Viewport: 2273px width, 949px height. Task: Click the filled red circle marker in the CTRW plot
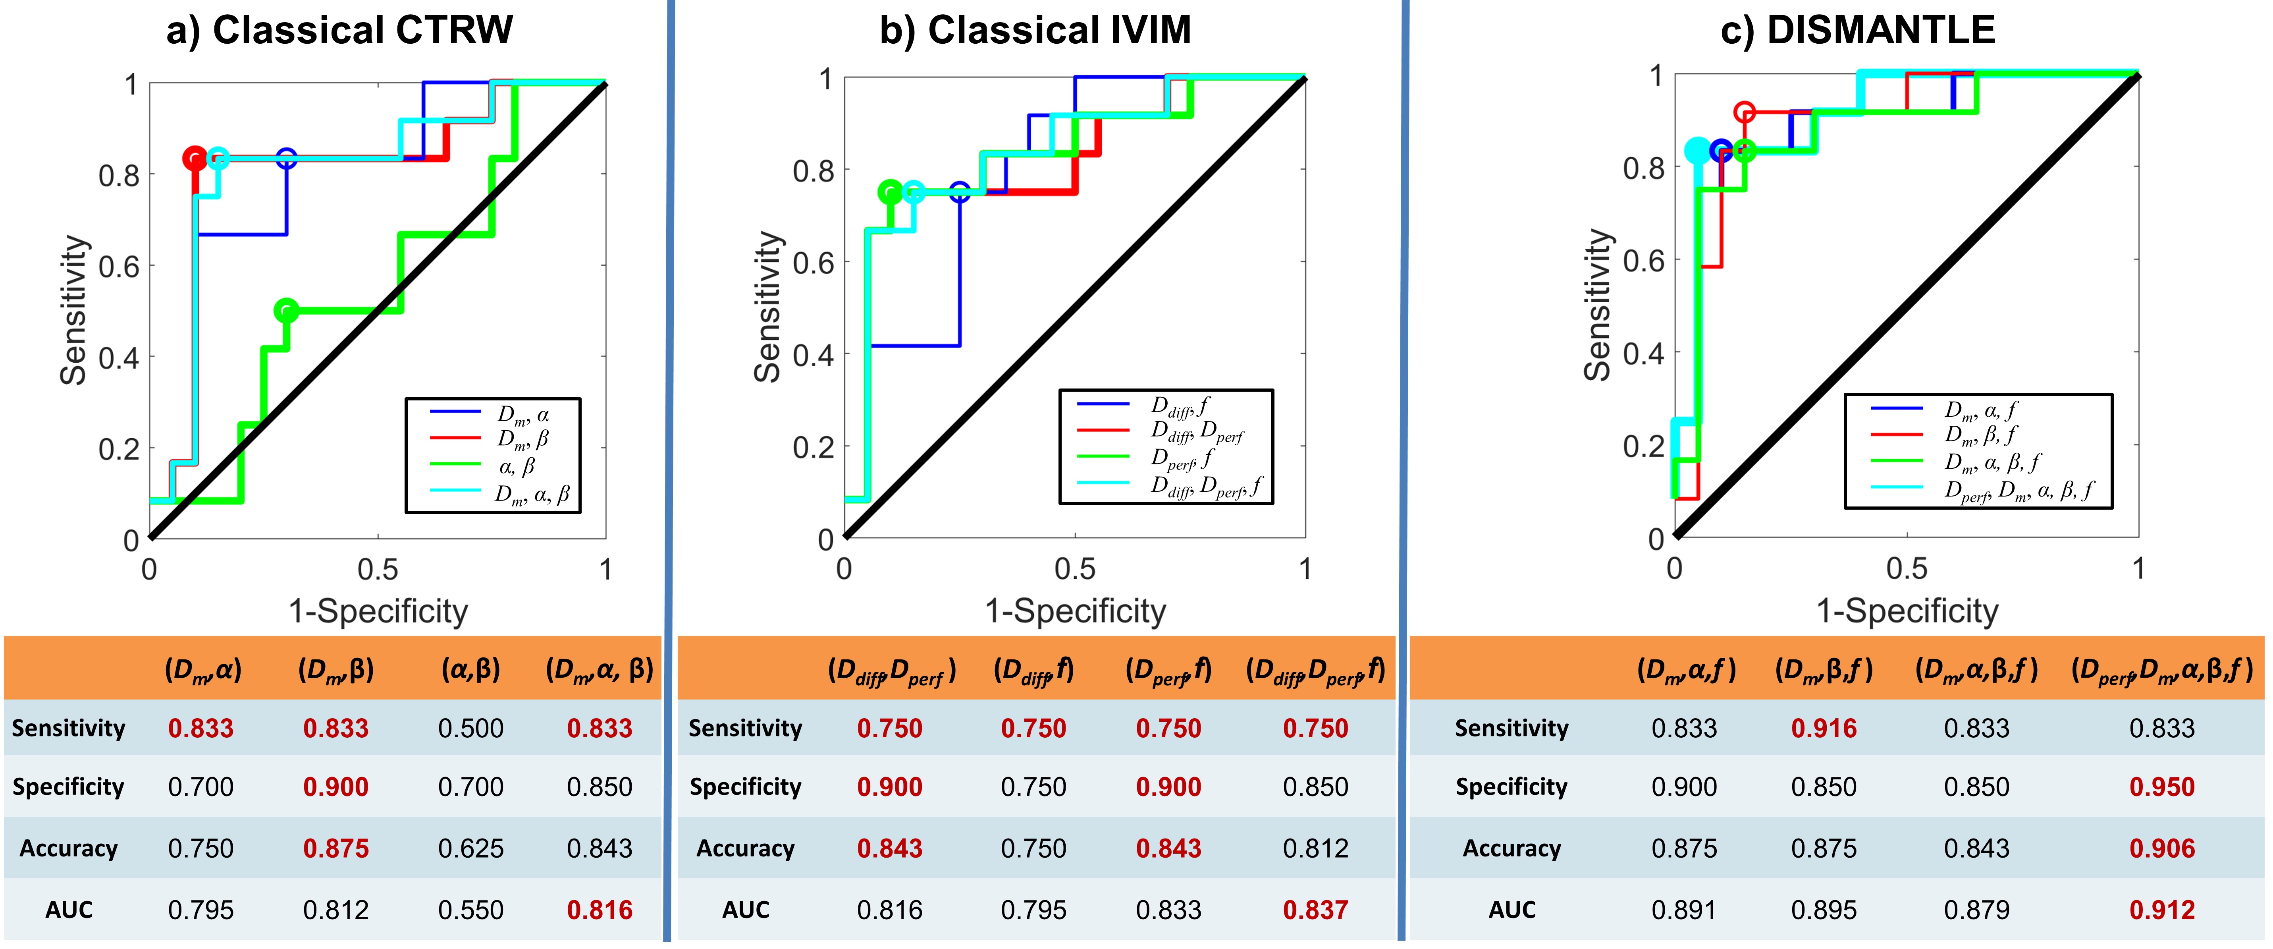(x=195, y=159)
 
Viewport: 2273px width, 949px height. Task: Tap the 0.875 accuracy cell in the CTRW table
(x=335, y=848)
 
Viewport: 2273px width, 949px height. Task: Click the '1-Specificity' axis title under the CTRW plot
(x=378, y=611)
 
